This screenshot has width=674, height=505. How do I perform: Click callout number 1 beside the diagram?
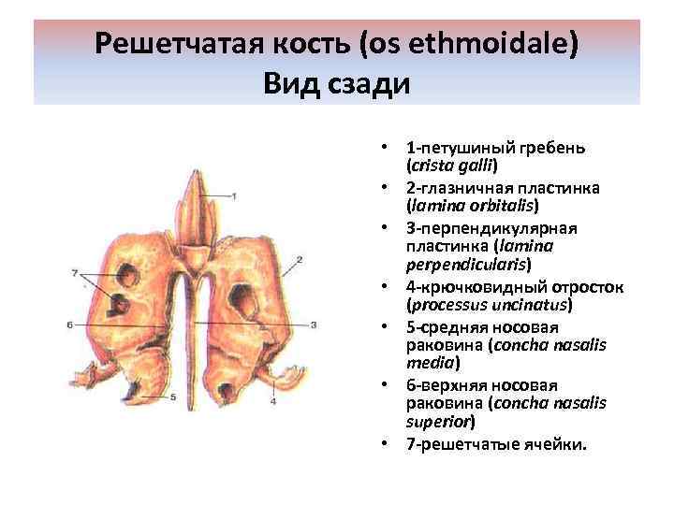click(x=234, y=195)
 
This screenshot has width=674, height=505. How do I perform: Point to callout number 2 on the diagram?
click(x=299, y=259)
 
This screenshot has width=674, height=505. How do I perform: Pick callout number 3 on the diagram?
click(x=315, y=325)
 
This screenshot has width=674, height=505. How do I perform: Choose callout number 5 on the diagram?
click(x=172, y=397)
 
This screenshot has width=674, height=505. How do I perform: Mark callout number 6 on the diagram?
click(x=70, y=324)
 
